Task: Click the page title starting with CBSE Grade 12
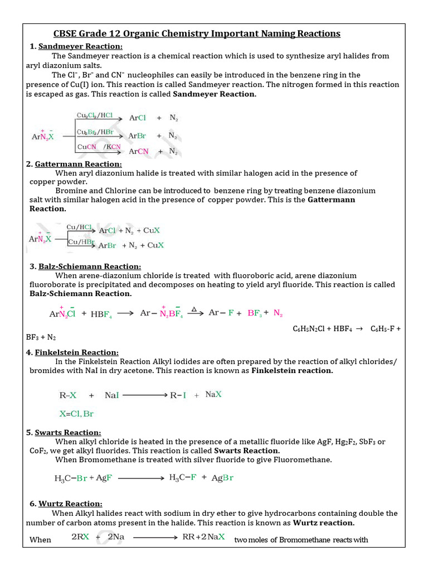pyautogui.click(x=196, y=33)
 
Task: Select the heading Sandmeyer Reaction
pyautogui.click(x=80, y=46)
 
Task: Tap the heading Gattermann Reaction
pyautogui.click(x=78, y=164)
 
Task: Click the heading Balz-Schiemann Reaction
pyautogui.click(x=90, y=267)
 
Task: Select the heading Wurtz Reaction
pyautogui.click(x=70, y=504)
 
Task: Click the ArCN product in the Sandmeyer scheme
pyautogui.click(x=139, y=151)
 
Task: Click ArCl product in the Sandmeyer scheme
pyautogui.click(x=138, y=118)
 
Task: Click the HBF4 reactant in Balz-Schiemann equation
pyautogui.click(x=101, y=314)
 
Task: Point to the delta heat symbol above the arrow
pyautogui.click(x=194, y=308)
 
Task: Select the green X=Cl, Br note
pyautogui.click(x=76, y=414)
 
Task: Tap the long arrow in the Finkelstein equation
pyautogui.click(x=144, y=395)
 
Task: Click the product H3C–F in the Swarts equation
pyautogui.click(x=182, y=477)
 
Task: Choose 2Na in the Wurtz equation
pyautogui.click(x=116, y=537)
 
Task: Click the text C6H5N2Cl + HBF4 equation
pyautogui.click(x=346, y=329)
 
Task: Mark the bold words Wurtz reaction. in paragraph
pyautogui.click(x=324, y=523)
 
